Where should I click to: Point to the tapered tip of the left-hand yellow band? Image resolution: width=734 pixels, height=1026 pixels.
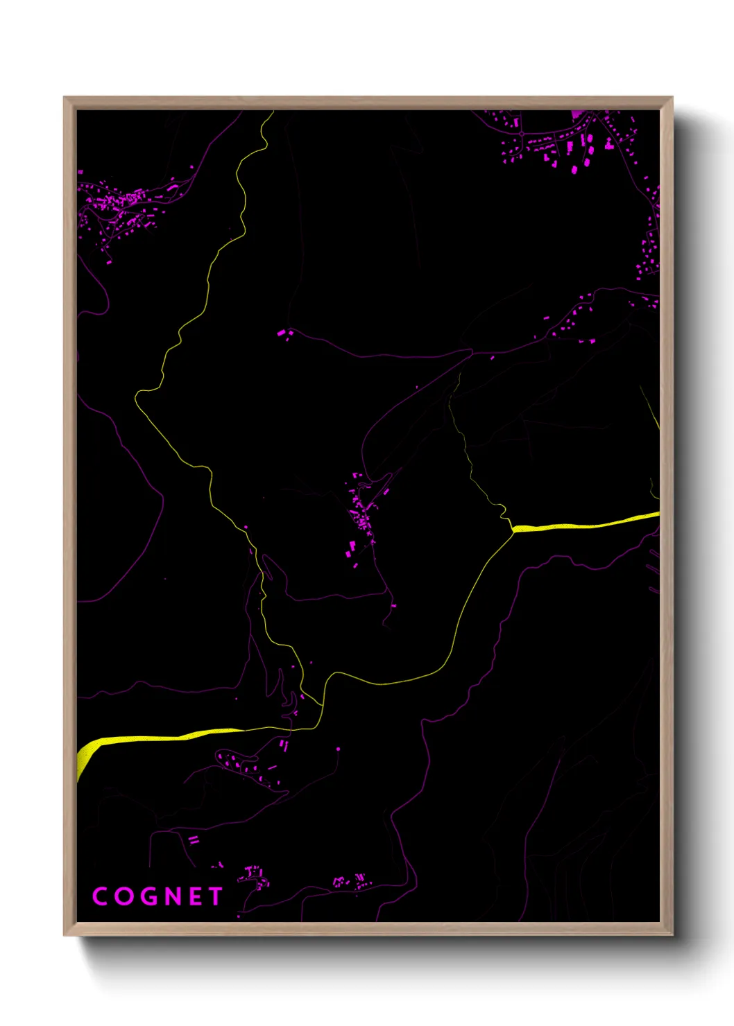coord(243,729)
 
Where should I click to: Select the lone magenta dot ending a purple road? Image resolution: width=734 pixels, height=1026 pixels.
coord(339,749)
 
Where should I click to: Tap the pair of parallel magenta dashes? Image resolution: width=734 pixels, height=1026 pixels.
coord(194,840)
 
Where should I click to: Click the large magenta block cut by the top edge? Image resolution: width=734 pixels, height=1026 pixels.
coord(577,114)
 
